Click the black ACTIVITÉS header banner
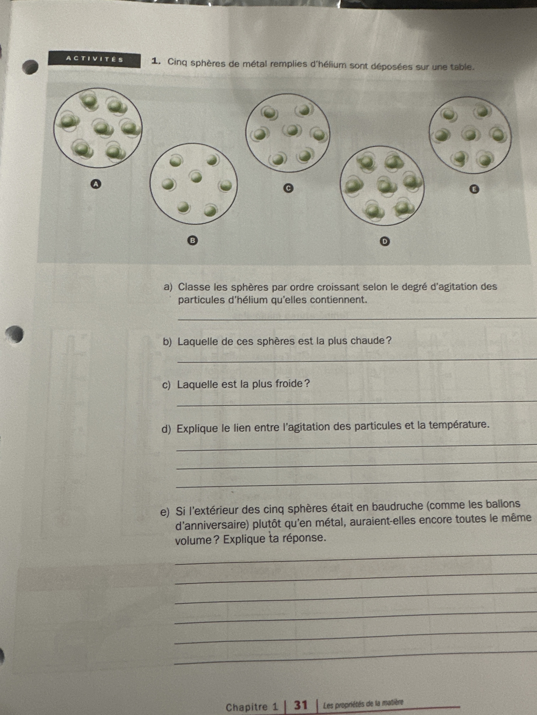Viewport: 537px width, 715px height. [94, 60]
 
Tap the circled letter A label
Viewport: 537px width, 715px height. [95, 184]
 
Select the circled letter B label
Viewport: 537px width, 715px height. [192, 240]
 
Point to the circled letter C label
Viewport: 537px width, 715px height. [288, 188]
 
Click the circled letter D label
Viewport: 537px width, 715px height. [385, 241]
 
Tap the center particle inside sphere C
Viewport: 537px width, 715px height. [292, 130]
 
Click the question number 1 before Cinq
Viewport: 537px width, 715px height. [156, 61]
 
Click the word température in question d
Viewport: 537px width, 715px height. [458, 425]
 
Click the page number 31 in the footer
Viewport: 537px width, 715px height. [300, 705]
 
